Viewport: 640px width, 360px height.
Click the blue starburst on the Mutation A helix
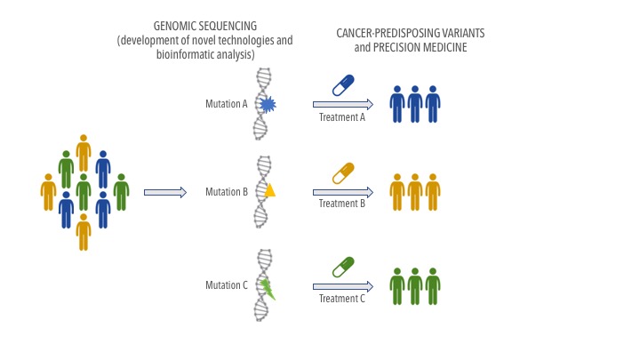[268, 105]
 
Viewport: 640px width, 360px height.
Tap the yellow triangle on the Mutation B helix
[269, 190]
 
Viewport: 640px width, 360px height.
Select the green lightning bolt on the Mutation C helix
[268, 289]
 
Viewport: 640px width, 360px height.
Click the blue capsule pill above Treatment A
[343, 85]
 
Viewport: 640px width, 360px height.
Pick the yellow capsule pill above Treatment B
[343, 173]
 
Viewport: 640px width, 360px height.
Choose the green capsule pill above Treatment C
[343, 267]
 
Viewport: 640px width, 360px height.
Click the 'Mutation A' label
[227, 104]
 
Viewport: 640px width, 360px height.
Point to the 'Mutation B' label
[227, 191]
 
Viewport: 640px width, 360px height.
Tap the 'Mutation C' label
[227, 285]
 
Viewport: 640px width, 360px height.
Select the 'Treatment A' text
[342, 117]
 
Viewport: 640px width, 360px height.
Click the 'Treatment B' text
[342, 204]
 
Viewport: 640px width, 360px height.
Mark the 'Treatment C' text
[342, 299]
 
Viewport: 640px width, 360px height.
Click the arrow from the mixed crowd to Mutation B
[165, 192]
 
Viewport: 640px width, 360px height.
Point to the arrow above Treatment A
[343, 105]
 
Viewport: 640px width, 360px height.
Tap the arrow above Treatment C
[343, 286]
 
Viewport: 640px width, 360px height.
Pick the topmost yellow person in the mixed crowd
[84, 153]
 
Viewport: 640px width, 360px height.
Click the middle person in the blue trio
[415, 104]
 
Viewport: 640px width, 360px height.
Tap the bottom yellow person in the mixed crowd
[84, 232]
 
